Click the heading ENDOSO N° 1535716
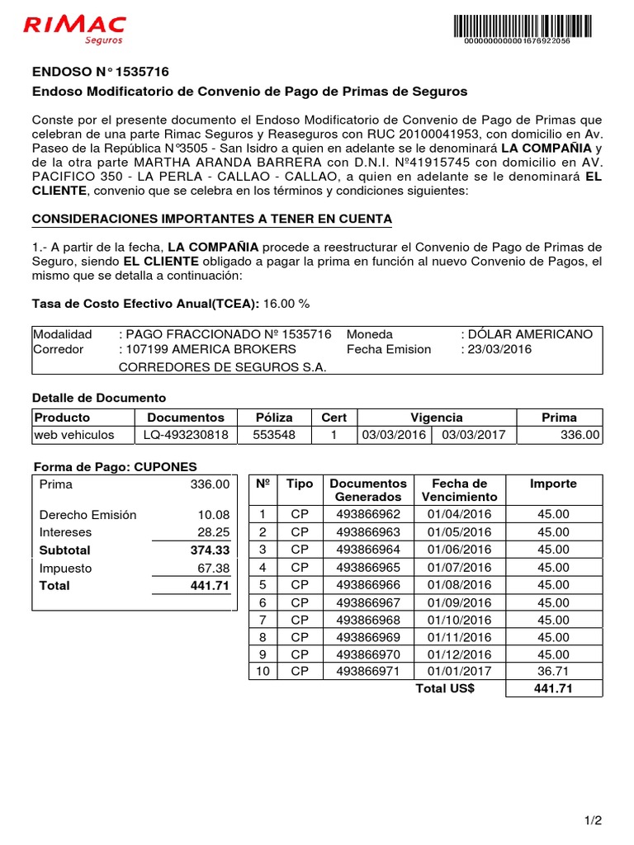100,73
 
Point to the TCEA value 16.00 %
286,304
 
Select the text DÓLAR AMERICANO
530,334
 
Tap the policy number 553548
273,435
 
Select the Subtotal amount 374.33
210,550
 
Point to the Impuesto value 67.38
213,569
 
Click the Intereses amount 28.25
213,532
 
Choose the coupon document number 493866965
367,568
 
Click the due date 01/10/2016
459,620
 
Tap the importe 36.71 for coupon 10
553,672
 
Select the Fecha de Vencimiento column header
459,489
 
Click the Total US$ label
445,689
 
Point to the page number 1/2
594,820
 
